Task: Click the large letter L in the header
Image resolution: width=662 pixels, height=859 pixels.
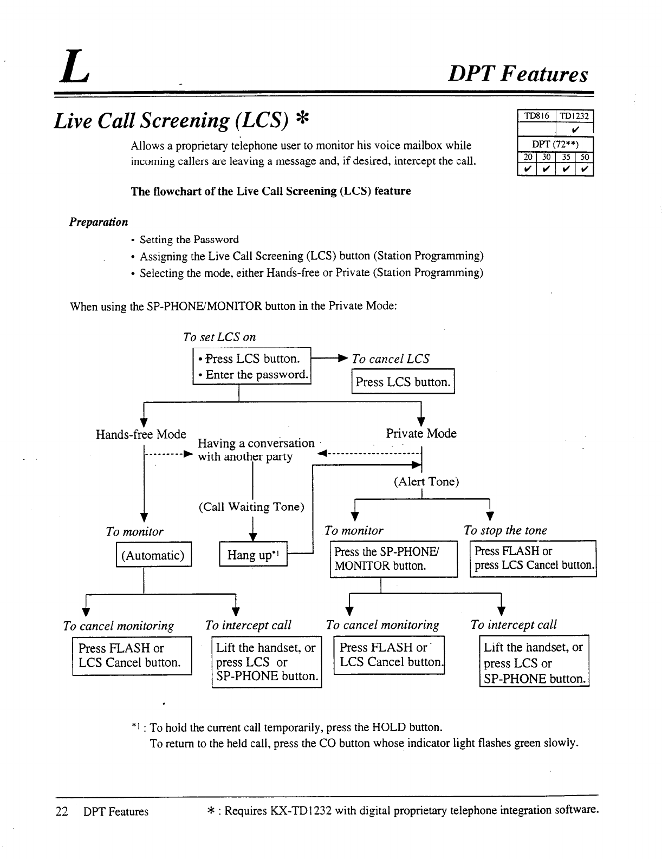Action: pyautogui.click(x=74, y=68)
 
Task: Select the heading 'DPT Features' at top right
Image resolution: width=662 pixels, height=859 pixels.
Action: pyautogui.click(x=517, y=74)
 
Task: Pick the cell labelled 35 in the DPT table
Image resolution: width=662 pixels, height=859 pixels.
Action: pyautogui.click(x=566, y=157)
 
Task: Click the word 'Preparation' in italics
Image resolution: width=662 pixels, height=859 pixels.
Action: pyautogui.click(x=99, y=222)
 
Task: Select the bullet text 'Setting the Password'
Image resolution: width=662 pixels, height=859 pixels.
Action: pyautogui.click(x=189, y=239)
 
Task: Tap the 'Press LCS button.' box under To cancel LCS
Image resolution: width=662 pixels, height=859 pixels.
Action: pyautogui.click(x=403, y=382)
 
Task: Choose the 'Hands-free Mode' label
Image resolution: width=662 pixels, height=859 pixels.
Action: pyautogui.click(x=141, y=434)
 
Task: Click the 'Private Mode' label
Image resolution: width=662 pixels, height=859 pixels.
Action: pyautogui.click(x=421, y=433)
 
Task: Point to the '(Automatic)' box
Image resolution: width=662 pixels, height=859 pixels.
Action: pyautogui.click(x=153, y=555)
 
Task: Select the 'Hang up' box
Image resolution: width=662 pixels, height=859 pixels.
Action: pyautogui.click(x=253, y=555)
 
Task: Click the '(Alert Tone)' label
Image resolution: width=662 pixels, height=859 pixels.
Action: pyautogui.click(x=426, y=481)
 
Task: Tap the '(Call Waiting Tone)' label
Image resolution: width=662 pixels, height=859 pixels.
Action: pyautogui.click(x=251, y=507)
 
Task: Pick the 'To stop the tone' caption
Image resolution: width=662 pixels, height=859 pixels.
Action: pyautogui.click(x=505, y=531)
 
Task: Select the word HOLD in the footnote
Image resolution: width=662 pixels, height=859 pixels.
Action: pyautogui.click(x=388, y=727)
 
